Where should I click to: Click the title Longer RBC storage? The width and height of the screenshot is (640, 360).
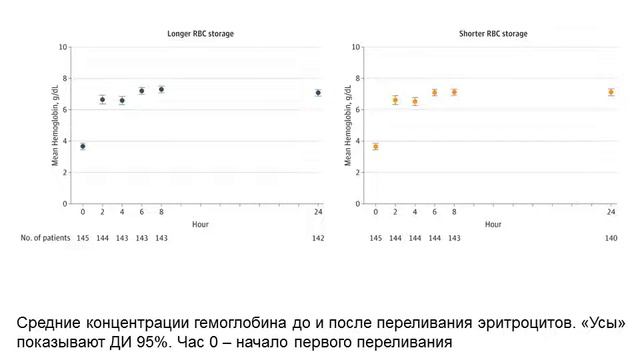click(x=199, y=34)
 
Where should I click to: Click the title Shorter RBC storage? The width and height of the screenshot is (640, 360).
click(x=493, y=34)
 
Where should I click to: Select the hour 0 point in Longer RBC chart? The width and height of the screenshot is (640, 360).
click(x=83, y=146)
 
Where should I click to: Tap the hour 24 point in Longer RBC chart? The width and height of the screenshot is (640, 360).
click(x=318, y=93)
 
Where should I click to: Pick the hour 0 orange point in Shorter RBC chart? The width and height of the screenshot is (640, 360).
click(x=376, y=146)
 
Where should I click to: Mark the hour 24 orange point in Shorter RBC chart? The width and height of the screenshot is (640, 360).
click(x=611, y=92)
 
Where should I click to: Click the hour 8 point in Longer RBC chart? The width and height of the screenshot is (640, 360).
click(x=161, y=89)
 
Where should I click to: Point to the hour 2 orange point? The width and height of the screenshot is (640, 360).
click(x=395, y=100)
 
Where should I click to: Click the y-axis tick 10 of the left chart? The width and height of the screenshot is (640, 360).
click(x=64, y=47)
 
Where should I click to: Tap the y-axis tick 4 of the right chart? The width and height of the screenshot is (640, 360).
click(x=359, y=141)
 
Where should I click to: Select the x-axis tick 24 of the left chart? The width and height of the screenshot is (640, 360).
click(x=318, y=213)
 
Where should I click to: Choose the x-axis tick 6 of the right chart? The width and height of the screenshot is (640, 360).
click(x=434, y=213)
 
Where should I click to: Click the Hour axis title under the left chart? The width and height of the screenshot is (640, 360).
click(x=200, y=225)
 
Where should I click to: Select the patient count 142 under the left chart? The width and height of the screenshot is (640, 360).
click(x=318, y=238)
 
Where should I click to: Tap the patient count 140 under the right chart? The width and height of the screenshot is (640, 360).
click(x=611, y=238)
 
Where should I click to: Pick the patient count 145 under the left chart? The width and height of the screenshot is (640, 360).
click(x=83, y=238)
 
